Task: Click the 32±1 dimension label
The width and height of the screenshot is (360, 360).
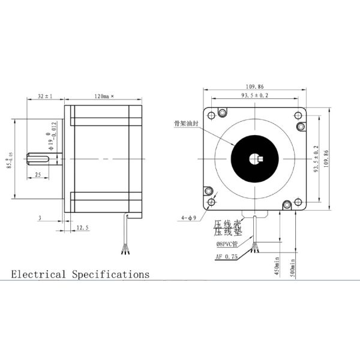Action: pyautogui.click(x=45, y=96)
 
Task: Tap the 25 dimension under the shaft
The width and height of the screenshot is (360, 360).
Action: pyautogui.click(x=38, y=174)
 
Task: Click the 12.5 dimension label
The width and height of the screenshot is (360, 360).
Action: pyautogui.click(x=83, y=227)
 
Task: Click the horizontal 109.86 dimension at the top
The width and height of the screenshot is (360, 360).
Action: pyautogui.click(x=256, y=86)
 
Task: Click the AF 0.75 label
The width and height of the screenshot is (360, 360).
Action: pyautogui.click(x=226, y=256)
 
